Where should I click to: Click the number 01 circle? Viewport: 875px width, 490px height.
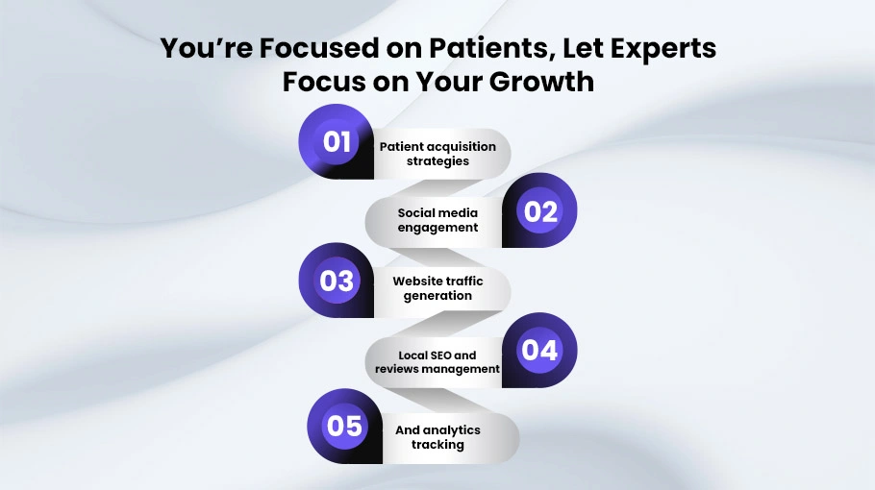pos(337,141)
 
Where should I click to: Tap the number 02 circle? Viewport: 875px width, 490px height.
pos(539,210)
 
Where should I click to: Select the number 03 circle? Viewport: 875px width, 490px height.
pos(337,281)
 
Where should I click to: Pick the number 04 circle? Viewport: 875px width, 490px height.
pos(539,350)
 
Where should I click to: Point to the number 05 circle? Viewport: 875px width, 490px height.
pos(345,426)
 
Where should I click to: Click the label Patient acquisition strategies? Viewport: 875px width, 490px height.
pos(437,154)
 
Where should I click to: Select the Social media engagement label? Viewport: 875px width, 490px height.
pos(437,220)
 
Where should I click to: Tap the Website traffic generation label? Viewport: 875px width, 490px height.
pos(437,288)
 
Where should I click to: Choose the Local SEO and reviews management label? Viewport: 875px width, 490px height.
pos(437,362)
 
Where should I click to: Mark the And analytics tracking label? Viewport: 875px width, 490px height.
pos(437,437)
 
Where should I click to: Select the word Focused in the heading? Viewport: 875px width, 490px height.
pos(319,48)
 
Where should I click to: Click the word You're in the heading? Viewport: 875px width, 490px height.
pos(206,48)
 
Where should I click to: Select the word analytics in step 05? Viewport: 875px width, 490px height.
pos(452,430)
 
